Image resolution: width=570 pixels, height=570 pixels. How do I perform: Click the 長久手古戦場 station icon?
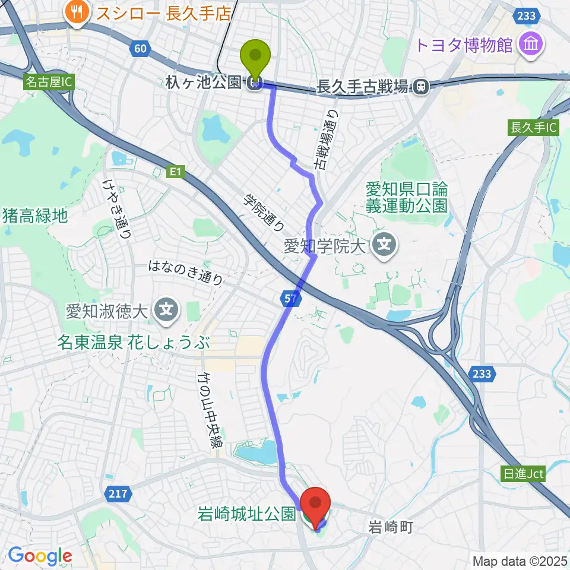coord(421,87)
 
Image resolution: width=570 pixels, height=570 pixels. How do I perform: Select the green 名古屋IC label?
coord(48,83)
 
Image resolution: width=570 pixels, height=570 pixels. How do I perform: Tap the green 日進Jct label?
coord(522,474)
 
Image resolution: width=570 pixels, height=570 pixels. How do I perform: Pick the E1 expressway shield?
coord(175,172)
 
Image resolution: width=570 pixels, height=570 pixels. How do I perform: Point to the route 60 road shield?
coord(141,49)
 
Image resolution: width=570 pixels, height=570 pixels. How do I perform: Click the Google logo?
coord(40,556)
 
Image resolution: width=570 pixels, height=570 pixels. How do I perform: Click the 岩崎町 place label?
coord(390,526)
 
